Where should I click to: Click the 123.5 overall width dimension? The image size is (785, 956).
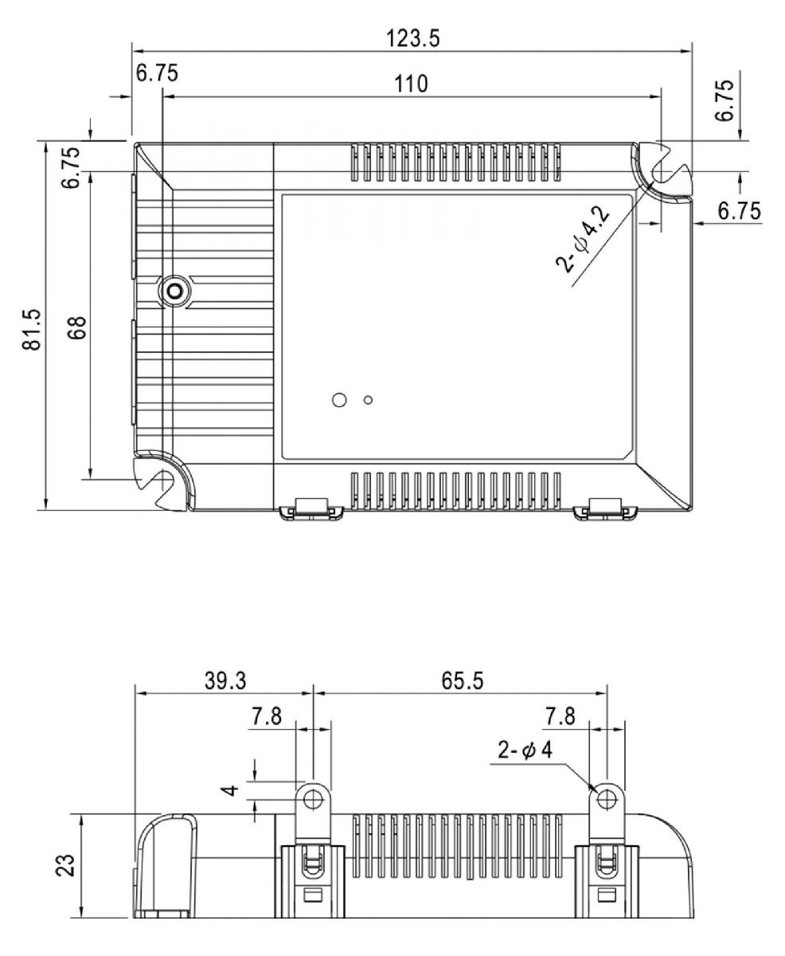coord(412,37)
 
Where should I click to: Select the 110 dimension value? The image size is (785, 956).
coord(412,83)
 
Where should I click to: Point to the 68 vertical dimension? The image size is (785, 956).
coord(77,327)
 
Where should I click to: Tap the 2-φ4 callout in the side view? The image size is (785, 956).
coord(525,749)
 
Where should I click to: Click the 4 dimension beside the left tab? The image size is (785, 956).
coord(231,791)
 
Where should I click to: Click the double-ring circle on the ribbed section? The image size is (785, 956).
coord(173,292)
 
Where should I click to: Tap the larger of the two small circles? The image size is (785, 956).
coord(338,399)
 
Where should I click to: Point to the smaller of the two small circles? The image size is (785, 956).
coord(367,399)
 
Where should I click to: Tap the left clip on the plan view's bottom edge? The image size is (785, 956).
coord(311,508)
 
